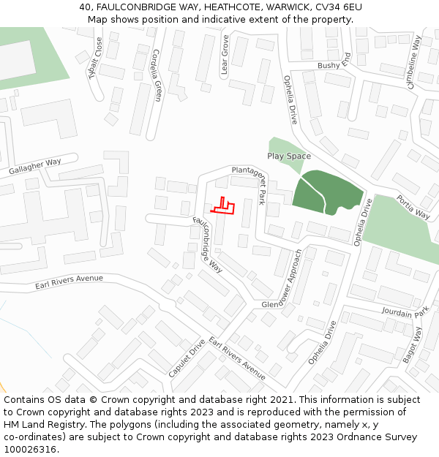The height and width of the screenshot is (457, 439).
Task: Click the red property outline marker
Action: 224,207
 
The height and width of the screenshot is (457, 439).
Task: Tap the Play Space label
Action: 289,156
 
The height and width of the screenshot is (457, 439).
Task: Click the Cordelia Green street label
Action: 156,75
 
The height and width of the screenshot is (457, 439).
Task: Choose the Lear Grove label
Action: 225,56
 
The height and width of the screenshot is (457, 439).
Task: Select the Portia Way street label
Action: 413,207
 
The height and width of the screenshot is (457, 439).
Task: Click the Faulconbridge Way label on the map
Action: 208,245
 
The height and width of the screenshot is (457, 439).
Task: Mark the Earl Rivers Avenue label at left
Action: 70,282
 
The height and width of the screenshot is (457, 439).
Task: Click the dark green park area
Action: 326,192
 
